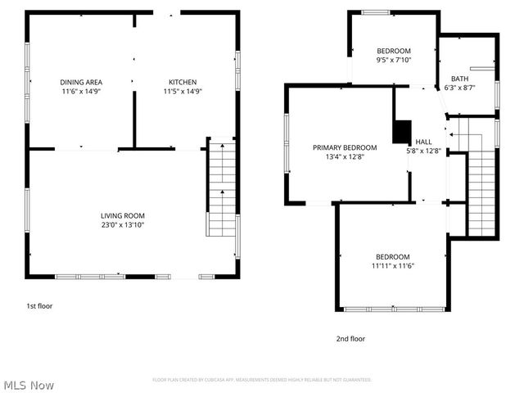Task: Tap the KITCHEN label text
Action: point(182,82)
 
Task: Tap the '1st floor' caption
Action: point(38,305)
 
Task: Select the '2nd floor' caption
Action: point(350,338)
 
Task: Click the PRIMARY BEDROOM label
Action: point(345,147)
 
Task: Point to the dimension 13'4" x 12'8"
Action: point(345,157)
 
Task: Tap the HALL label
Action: point(423,141)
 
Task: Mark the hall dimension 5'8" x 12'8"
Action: point(423,151)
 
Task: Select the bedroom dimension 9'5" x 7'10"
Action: point(393,60)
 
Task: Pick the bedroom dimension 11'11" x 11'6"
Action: point(393,266)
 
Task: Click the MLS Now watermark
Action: point(29,385)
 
